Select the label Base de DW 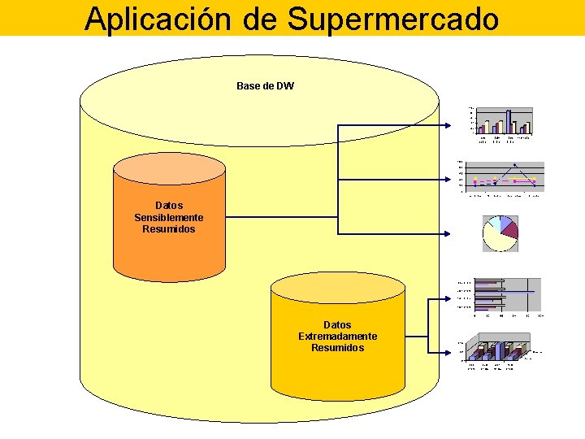coord(265,85)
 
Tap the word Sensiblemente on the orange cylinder coord(169,217)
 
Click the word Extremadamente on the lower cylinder coord(337,336)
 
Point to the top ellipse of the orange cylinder coord(169,166)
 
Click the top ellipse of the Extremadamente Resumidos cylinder coord(337,287)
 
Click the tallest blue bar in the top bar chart coord(509,121)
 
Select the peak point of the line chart coord(514,166)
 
